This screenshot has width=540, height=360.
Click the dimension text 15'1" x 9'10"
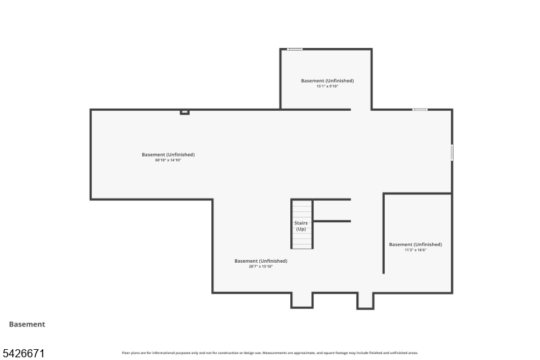[x=327, y=86]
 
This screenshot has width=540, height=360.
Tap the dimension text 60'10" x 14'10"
[x=168, y=160]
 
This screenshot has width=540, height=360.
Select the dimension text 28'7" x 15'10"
[x=261, y=266]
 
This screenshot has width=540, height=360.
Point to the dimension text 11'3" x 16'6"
[x=415, y=250]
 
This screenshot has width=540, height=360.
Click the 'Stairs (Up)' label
[x=301, y=226]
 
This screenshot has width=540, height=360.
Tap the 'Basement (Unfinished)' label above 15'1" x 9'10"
[x=327, y=80]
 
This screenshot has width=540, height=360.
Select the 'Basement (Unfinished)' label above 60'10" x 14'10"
[x=168, y=155]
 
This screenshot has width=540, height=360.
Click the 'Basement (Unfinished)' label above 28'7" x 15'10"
[x=261, y=261]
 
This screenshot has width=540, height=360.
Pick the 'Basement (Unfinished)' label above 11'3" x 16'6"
[x=415, y=245]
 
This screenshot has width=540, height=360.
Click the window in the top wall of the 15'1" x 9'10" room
[x=294, y=49]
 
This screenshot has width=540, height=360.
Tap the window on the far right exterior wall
[x=452, y=152]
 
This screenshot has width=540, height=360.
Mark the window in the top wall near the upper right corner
[x=420, y=109]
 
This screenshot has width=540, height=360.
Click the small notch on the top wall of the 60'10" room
[x=184, y=112]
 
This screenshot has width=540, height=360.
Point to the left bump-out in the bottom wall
[x=302, y=301]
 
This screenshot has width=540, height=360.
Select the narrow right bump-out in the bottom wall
[x=365, y=301]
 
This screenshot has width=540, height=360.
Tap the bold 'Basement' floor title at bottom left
[x=27, y=324]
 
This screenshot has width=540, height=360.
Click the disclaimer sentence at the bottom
[x=270, y=353]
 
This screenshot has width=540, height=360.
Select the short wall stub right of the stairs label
[x=332, y=221]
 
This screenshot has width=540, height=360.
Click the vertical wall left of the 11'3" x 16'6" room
[x=383, y=233]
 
